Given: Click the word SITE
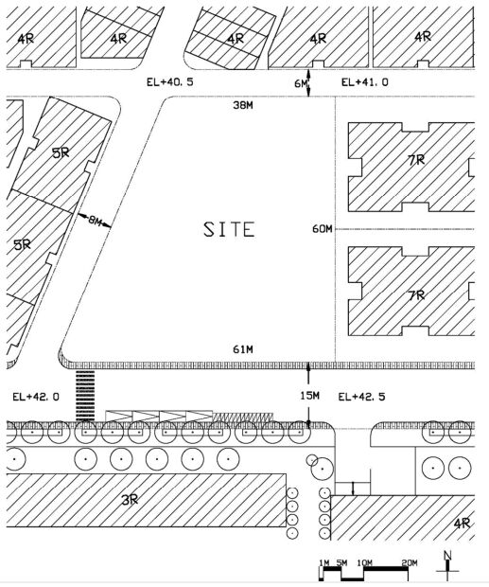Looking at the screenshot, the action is coord(229,229).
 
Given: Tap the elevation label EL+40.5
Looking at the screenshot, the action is coord(170,82).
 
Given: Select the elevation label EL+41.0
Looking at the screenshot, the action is coord(365,82).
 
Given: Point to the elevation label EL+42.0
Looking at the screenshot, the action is coord(36,397).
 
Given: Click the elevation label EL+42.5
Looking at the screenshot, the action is coord(361,397).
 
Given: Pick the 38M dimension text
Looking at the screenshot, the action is coord(243,105).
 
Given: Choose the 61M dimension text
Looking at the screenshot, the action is coord(243,349).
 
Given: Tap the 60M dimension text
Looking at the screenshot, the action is coord(323,228).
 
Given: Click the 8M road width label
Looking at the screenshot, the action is coord(95,221).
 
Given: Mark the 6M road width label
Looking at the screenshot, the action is coord(301,83).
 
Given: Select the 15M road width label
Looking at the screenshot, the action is coord(309,396).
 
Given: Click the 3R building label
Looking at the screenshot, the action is coord(130,499).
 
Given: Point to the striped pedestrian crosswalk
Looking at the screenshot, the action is coord(85,396).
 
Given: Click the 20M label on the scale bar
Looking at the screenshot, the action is coord(410,562).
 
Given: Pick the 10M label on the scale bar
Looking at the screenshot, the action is coord(364,562).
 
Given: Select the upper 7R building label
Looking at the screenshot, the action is coord(416,160).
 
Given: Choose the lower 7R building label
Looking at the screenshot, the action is coord(416,295).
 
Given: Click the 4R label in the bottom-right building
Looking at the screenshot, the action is coord(462,523).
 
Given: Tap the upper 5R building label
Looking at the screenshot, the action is coord(61,152).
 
